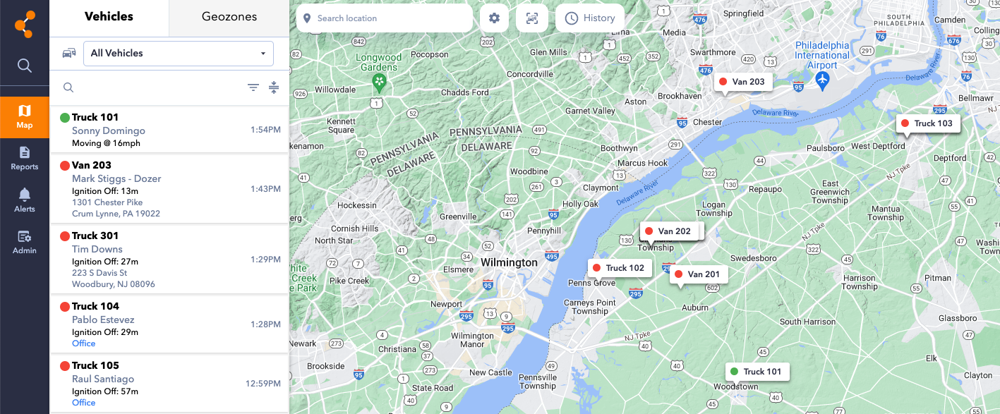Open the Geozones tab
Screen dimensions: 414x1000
[x=229, y=17]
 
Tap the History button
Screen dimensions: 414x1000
[x=590, y=18]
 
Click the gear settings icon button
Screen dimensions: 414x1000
[x=494, y=18]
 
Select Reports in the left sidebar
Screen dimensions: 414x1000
[x=25, y=158]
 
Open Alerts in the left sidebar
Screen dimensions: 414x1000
[x=25, y=200]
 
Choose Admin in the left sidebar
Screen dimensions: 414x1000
[x=25, y=241]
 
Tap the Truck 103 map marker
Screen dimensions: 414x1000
[x=927, y=123]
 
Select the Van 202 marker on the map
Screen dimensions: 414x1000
[x=668, y=231]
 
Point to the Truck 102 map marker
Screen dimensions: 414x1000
[x=618, y=268]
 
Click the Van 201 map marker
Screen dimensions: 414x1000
[x=697, y=274]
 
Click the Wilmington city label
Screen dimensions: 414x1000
[x=509, y=262]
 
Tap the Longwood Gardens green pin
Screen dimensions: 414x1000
[x=380, y=83]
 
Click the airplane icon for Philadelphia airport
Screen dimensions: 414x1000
[x=821, y=81]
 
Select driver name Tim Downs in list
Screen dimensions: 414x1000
[x=97, y=249]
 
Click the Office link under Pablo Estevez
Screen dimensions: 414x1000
[x=83, y=343]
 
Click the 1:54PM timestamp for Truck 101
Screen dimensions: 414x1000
[x=265, y=130]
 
